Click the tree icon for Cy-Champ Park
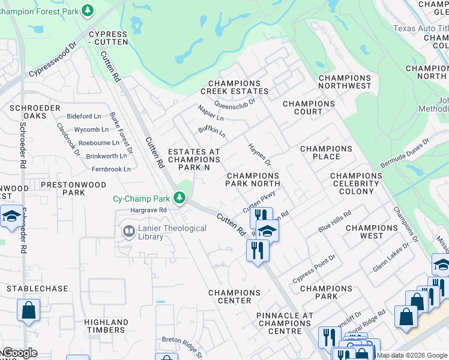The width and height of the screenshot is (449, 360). pyautogui.click(x=179, y=197)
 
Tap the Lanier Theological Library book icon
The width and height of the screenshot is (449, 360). pyautogui.click(x=129, y=231)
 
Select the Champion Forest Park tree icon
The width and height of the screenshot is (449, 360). pyautogui.click(x=88, y=10)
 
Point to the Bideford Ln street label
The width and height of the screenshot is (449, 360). pyautogui.click(x=84, y=116)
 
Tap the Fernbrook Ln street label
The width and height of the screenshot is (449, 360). pyautogui.click(x=108, y=169)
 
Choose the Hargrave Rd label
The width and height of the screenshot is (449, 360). pyautogui.click(x=148, y=211)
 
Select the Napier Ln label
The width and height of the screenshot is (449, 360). pyautogui.click(x=211, y=112)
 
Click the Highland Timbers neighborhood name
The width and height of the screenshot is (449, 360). pyautogui.click(x=106, y=326)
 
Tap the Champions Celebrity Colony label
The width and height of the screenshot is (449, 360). pyautogui.click(x=356, y=183)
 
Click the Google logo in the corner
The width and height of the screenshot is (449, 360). pyautogui.click(x=19, y=353)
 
